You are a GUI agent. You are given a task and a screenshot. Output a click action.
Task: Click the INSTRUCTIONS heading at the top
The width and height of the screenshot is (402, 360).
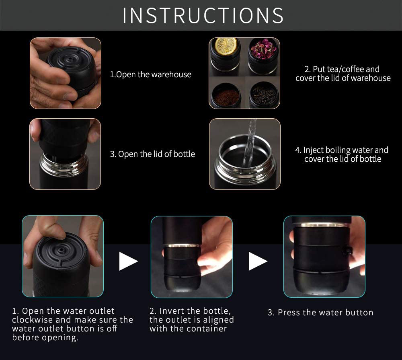[203, 15]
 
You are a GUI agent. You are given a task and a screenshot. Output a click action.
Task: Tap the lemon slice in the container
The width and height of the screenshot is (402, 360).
[226, 46]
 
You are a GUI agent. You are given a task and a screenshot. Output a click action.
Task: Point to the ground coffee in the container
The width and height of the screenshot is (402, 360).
[226, 97]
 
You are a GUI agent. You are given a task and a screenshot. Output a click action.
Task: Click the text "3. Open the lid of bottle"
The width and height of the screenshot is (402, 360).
[152, 154]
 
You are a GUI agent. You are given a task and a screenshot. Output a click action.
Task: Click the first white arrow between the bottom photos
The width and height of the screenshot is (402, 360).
[129, 261]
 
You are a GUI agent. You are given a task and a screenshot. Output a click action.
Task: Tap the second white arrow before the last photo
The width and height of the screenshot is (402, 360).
[258, 261]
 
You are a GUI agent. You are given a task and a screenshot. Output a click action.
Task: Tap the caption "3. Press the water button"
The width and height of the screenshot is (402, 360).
[320, 313]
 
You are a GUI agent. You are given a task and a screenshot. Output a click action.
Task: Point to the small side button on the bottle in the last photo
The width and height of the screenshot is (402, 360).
[348, 251]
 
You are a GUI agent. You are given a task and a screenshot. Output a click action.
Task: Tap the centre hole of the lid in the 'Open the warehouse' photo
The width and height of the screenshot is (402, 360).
[69, 60]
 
